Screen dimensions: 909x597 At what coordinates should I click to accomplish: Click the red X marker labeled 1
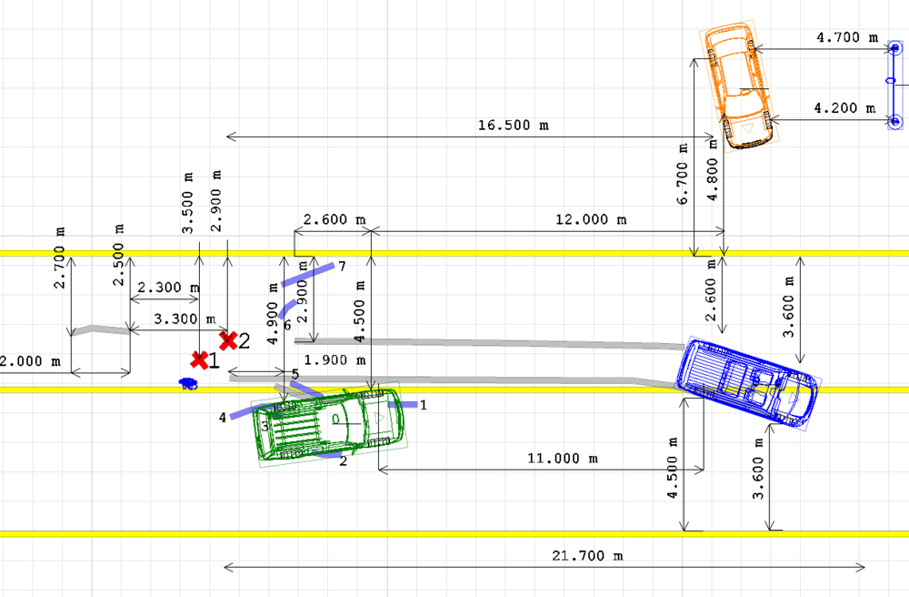tap(199, 360)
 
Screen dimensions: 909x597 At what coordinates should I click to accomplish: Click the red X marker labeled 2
tap(228, 340)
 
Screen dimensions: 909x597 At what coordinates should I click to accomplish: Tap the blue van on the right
tap(748, 383)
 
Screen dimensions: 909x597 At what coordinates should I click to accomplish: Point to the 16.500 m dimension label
tap(513, 125)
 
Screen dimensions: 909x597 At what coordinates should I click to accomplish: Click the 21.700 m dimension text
tap(587, 556)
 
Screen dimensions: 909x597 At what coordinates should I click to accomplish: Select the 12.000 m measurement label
tap(591, 219)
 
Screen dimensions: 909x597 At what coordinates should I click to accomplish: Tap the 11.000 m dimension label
tap(563, 459)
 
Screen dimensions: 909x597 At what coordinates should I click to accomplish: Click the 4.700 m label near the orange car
tap(847, 37)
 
